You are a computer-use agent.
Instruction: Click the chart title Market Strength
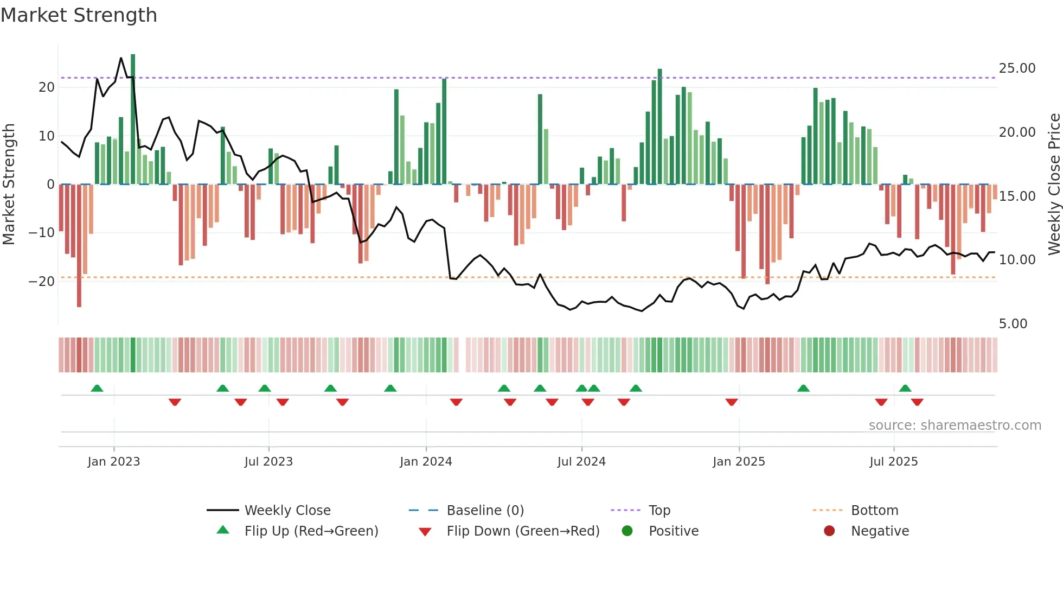click(x=79, y=15)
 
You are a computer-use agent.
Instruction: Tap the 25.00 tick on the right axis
click(x=1017, y=68)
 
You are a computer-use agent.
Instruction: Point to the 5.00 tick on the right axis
click(x=1013, y=324)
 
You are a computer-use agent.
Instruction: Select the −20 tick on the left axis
click(x=42, y=281)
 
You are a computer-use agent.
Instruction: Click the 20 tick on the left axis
click(x=47, y=87)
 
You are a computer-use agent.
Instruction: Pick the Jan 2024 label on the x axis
click(x=426, y=462)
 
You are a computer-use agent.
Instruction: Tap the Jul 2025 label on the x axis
click(x=893, y=462)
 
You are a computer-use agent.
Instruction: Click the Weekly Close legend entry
click(x=287, y=511)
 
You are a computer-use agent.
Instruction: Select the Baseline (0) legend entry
click(x=485, y=511)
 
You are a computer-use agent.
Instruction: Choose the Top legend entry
click(x=659, y=511)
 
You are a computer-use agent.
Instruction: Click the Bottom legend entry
click(x=874, y=511)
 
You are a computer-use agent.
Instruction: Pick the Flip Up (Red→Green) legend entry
click(x=311, y=531)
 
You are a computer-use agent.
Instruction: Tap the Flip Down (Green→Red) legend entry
click(x=523, y=531)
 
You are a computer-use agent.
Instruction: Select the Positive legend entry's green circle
click(x=627, y=531)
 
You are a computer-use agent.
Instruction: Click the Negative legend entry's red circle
click(x=829, y=531)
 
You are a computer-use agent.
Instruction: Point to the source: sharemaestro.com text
click(x=955, y=425)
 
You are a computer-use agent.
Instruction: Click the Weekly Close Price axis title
click(x=1054, y=185)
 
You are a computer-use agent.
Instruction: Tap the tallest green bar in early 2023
click(x=133, y=119)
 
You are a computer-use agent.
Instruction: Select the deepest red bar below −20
click(x=79, y=245)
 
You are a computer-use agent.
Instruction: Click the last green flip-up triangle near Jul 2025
click(x=905, y=388)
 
